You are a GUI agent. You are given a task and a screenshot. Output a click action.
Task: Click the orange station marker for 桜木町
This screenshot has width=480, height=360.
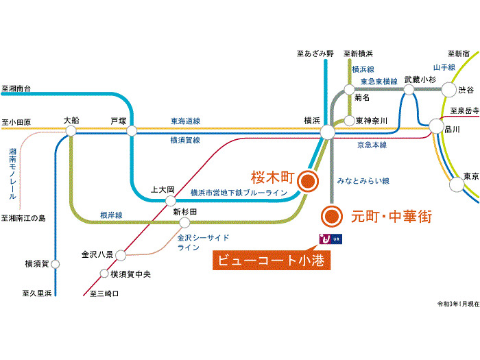point(308,180)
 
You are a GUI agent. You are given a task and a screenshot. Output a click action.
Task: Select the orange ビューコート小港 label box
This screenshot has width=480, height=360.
point(269,260)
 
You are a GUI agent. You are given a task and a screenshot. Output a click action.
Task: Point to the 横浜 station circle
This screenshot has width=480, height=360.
point(327,131)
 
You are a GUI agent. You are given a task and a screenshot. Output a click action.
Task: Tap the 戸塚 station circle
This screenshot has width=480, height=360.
point(132,131)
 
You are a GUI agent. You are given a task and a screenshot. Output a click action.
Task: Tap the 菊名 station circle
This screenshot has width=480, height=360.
point(350,89)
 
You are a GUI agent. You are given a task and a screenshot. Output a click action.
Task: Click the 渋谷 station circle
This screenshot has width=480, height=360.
point(448,89)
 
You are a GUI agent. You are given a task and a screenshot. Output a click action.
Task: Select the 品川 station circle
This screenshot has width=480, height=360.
point(435,125)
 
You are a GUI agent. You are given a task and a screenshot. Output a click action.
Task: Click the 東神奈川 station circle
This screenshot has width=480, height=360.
point(350,121)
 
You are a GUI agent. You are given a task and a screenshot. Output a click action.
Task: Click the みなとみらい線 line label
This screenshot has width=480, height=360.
point(363,181)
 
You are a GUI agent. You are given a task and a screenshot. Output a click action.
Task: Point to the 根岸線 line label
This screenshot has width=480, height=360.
point(110,215)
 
